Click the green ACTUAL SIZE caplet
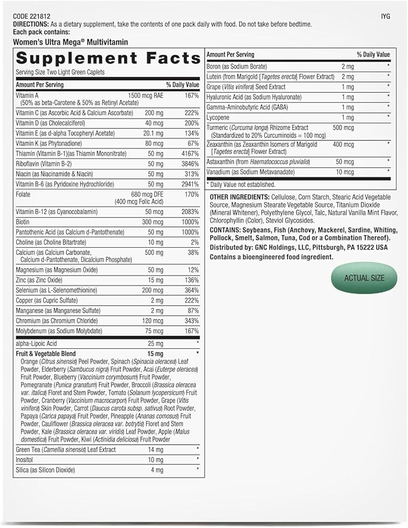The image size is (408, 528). click(x=364, y=278)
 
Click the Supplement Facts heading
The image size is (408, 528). click(x=108, y=58)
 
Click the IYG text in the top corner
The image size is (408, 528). click(x=385, y=16)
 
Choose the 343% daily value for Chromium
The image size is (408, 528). click(x=190, y=321)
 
